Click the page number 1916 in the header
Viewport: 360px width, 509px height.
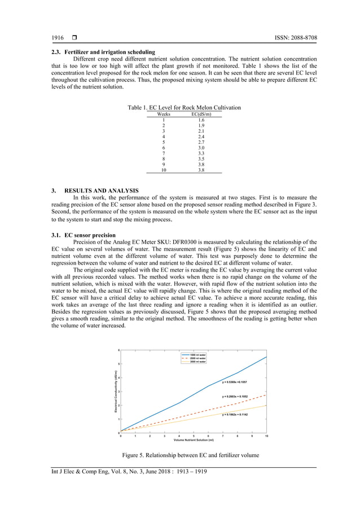[x=58, y=38]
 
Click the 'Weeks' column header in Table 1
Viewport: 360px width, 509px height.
[x=163, y=114]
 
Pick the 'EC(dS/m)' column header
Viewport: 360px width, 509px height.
[x=201, y=114]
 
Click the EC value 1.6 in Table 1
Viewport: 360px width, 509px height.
[x=201, y=120]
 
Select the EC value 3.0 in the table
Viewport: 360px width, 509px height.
[x=201, y=148]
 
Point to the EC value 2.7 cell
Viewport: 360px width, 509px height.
[x=201, y=142]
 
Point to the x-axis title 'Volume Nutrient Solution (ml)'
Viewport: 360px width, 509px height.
[x=193, y=440]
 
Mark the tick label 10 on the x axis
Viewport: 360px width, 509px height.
[x=266, y=435]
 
